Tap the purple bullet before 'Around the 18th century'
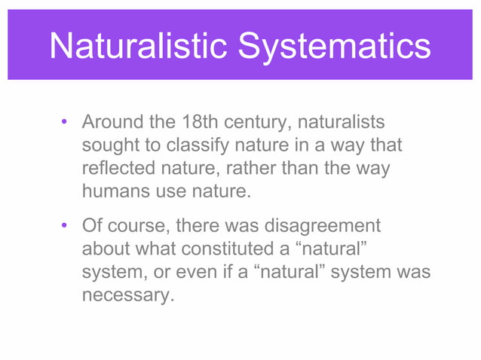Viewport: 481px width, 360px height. (66, 122)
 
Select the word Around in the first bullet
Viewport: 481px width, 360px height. (110, 121)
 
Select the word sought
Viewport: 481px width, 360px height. (109, 145)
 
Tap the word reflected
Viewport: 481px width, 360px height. (118, 168)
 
